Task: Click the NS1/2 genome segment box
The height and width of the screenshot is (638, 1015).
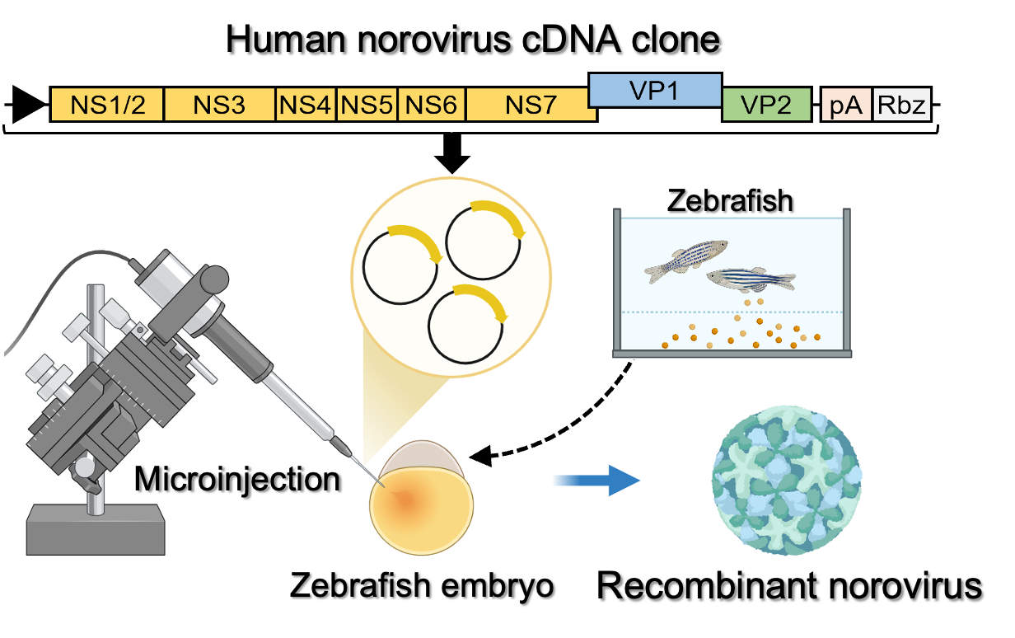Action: [107, 105]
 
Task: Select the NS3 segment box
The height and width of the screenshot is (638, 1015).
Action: [219, 105]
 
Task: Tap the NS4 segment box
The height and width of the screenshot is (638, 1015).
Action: [305, 105]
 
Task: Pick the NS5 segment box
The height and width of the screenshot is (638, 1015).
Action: [367, 105]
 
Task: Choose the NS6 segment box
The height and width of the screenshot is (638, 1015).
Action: [431, 105]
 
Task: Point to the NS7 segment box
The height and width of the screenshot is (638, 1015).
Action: [531, 105]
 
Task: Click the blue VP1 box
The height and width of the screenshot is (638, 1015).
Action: [655, 90]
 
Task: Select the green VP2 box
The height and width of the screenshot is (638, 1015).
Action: [766, 105]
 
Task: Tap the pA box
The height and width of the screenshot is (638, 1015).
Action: [846, 105]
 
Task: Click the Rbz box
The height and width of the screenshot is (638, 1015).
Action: [901, 105]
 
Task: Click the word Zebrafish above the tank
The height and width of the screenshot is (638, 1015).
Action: [730, 200]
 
